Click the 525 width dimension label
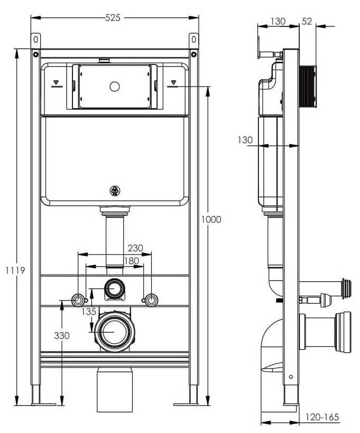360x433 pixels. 113,17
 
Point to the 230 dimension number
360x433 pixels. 135,248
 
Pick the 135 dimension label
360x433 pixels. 89,312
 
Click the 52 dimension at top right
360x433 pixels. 306,22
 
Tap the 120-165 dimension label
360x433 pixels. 322,418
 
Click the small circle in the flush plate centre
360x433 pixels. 114,86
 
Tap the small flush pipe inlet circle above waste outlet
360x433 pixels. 114,288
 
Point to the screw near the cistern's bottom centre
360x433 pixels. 115,191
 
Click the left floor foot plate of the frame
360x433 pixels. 43,404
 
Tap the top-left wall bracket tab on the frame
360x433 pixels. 36,40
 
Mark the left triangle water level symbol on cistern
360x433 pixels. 57,83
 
